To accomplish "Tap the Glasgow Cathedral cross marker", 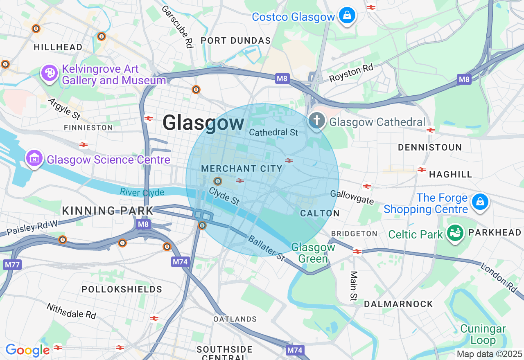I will [317, 121].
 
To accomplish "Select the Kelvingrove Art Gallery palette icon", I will [49, 73].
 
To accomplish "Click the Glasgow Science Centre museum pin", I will [34, 158].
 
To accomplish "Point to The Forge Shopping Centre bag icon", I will [480, 202].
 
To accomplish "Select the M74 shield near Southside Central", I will [295, 350].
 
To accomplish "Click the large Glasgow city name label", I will [203, 123].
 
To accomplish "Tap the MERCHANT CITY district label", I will [242, 169].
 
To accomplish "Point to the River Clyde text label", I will [142, 192].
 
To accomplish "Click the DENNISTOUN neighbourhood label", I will [430, 147].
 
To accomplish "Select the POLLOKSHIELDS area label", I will [122, 289].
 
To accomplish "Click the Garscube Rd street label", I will [177, 27].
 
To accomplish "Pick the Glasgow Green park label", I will [313, 253].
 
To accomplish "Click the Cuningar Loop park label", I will [483, 334].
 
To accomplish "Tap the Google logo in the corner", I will [27, 351].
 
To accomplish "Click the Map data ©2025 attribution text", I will [489, 354].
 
